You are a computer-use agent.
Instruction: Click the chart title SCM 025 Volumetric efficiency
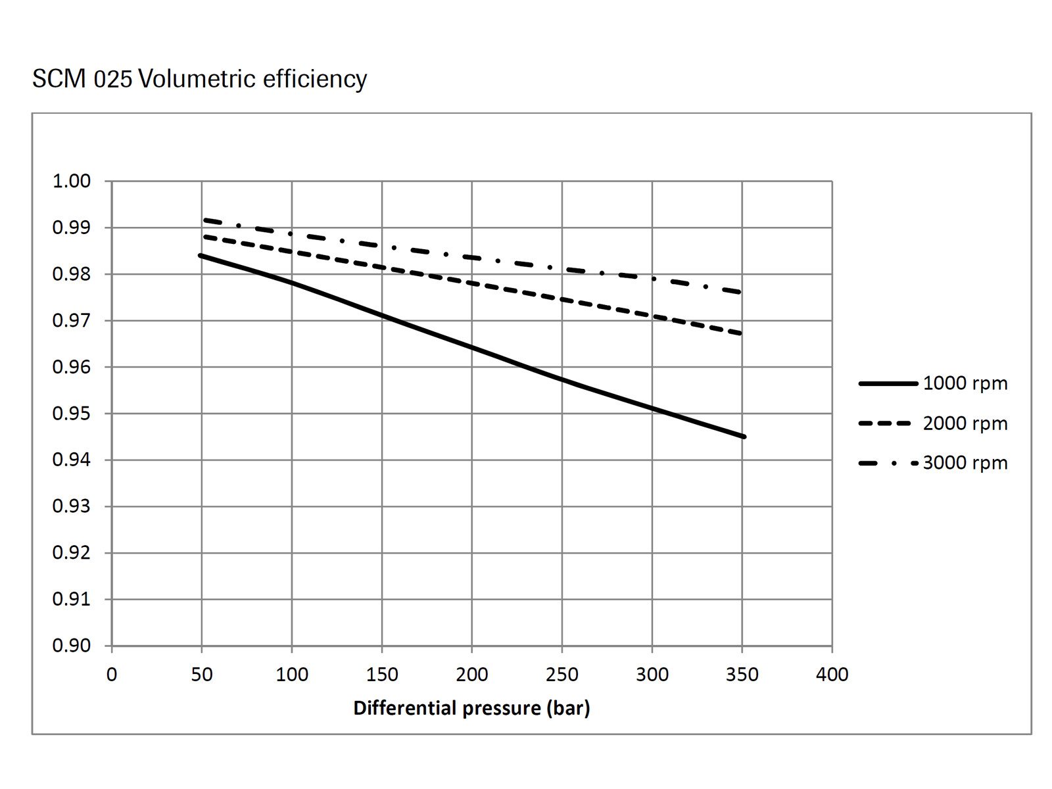click(x=199, y=79)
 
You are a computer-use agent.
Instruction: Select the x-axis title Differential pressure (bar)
click(x=471, y=708)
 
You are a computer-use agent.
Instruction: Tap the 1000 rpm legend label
click(x=965, y=383)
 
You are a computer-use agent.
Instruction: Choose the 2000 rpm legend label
click(x=965, y=423)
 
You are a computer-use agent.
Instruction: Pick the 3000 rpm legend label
click(x=965, y=463)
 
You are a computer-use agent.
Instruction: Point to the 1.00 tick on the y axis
click(x=72, y=181)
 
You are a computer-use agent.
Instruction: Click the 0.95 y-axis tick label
click(x=72, y=414)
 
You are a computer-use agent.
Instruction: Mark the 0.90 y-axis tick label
click(x=72, y=646)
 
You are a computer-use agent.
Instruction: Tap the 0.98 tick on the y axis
click(x=72, y=274)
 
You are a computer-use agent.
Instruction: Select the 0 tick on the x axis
click(x=112, y=675)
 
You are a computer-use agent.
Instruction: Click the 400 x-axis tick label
click(x=832, y=675)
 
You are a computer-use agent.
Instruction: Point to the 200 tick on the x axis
click(x=471, y=675)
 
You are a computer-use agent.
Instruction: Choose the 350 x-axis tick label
click(x=742, y=675)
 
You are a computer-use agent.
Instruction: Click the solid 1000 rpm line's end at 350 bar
click(x=743, y=437)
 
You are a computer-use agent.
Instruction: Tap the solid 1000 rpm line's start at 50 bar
click(x=201, y=255)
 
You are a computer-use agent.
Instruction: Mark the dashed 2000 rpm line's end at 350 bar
click(x=741, y=333)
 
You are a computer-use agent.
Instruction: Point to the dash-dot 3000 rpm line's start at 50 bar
click(x=205, y=220)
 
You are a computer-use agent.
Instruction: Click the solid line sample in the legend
click(x=888, y=383)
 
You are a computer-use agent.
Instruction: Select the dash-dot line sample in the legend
click(x=888, y=464)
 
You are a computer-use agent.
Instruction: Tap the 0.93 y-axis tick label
click(x=72, y=506)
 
